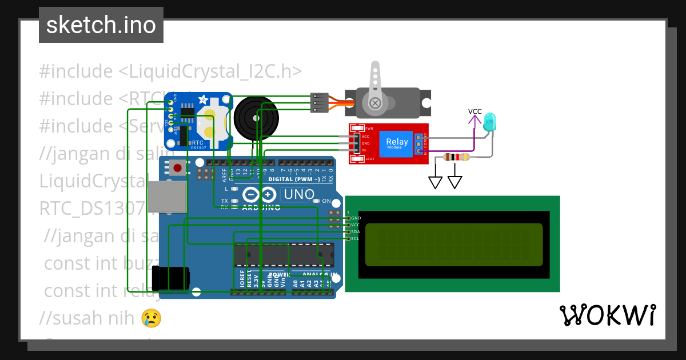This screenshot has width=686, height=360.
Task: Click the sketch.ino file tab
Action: pyautogui.click(x=101, y=25)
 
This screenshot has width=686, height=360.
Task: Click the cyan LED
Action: pyautogui.click(x=490, y=122)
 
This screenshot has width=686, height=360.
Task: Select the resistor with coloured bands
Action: pyautogui.click(x=456, y=157)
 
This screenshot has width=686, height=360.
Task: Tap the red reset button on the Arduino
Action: pyautogui.click(x=177, y=168)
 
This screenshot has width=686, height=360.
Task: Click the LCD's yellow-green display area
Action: pyautogui.click(x=453, y=245)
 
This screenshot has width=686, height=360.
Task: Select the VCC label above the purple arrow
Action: pyautogui.click(x=474, y=111)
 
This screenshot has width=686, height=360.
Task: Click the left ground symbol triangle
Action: pyautogui.click(x=436, y=182)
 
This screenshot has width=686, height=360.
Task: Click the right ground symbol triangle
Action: pyautogui.click(x=455, y=182)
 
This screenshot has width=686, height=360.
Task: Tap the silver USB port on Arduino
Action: pyautogui.click(x=167, y=197)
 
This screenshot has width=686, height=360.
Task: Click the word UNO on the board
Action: pyautogui.click(x=299, y=195)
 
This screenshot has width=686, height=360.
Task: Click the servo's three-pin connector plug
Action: pyautogui.click(x=317, y=102)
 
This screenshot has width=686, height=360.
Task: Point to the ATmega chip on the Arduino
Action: pyautogui.click(x=284, y=255)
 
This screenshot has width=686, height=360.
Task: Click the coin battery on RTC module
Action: pyautogui.click(x=213, y=123)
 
